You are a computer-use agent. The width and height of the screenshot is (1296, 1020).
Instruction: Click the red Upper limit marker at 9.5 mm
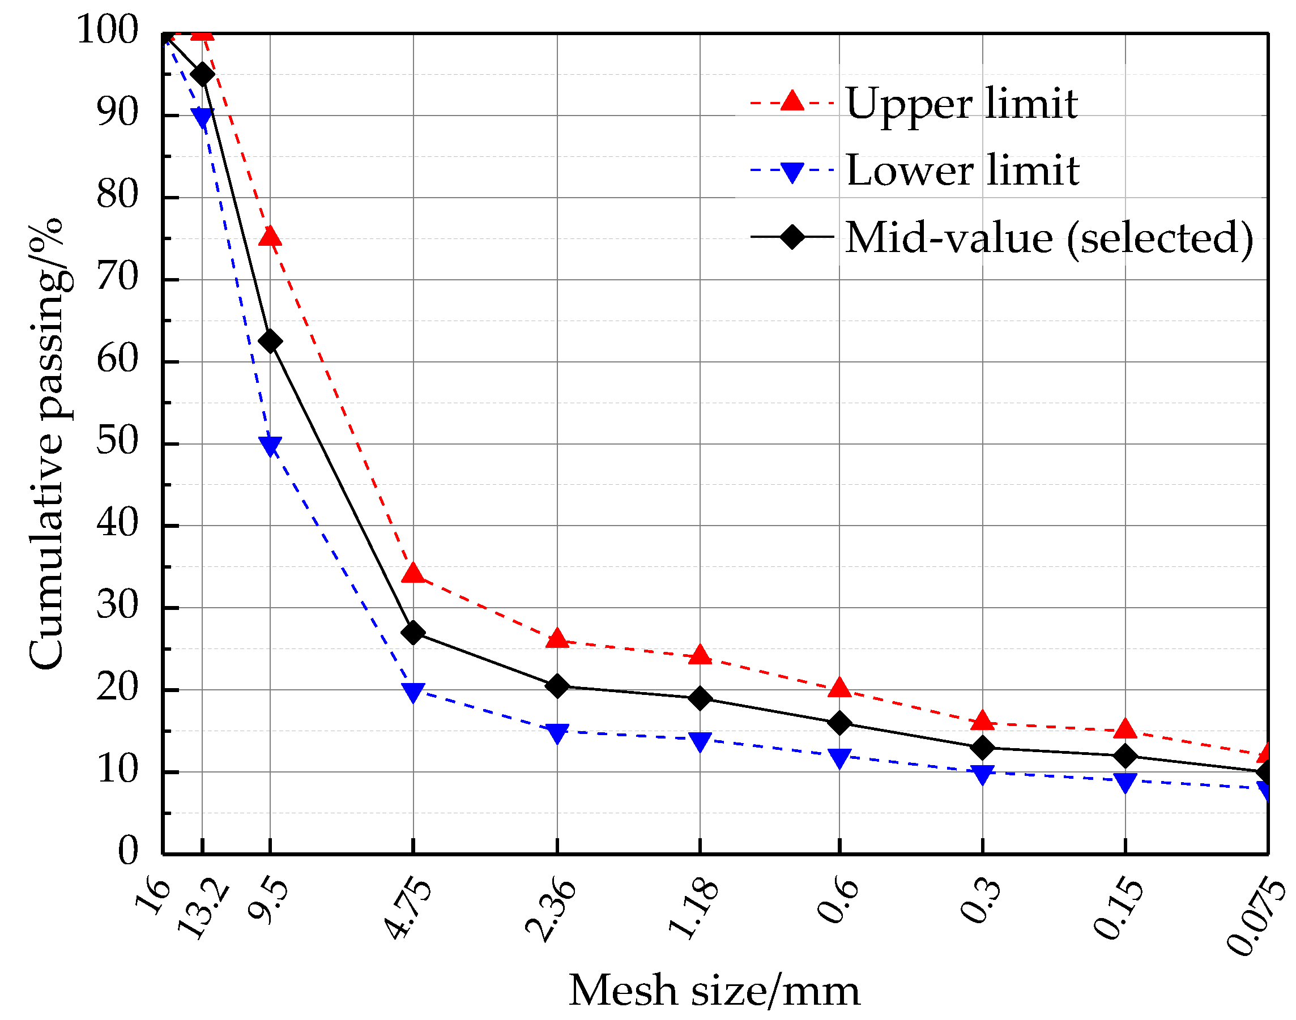[270, 237]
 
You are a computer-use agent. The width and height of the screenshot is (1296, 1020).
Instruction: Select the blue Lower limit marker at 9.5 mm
[270, 446]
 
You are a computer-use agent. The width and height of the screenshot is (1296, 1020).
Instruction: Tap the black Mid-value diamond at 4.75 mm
[413, 633]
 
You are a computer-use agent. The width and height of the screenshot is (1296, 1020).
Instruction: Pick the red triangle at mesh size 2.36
[557, 639]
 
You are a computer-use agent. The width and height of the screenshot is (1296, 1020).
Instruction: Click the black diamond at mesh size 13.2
[202, 75]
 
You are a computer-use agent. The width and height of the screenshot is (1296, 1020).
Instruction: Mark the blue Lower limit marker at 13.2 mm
[202, 118]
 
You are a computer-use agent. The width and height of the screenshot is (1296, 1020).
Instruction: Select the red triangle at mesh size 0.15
[1125, 729]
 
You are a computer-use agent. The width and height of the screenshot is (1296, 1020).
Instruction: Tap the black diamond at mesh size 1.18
[700, 698]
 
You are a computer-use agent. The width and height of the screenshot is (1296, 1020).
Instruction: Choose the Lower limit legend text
[962, 171]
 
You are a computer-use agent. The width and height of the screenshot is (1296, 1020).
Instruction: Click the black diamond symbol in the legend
[792, 237]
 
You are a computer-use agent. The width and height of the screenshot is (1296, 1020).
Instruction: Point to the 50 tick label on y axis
[117, 442]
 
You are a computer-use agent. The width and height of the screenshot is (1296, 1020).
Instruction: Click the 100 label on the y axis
[108, 30]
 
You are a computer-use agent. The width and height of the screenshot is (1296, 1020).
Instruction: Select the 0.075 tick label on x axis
[1255, 917]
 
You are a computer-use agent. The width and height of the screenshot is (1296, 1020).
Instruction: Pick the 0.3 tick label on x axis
[979, 900]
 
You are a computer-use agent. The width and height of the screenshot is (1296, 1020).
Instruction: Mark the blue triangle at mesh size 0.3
[982, 775]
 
